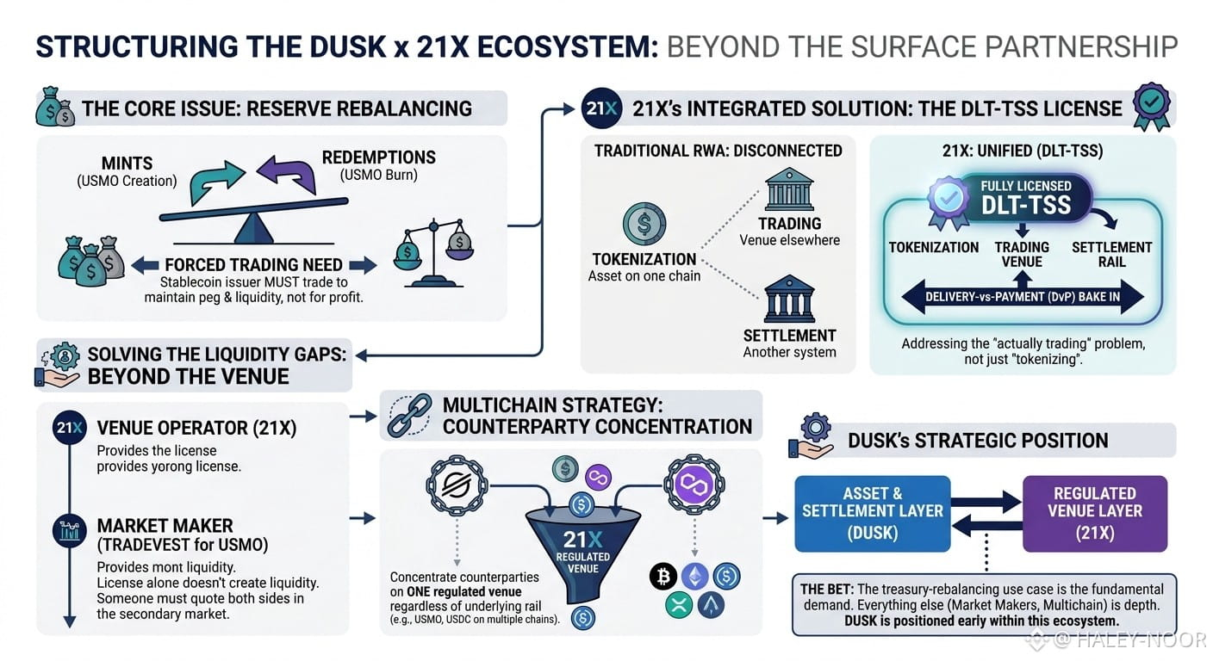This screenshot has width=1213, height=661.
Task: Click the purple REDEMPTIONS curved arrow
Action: coord(287,173)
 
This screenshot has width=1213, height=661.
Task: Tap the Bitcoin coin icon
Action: coord(663,576)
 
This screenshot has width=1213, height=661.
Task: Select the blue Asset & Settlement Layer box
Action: coord(873,513)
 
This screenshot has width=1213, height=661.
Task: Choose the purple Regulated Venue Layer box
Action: coord(1094,513)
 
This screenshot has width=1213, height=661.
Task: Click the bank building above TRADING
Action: coord(789,188)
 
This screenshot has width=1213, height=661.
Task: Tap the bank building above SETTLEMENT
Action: coord(789,299)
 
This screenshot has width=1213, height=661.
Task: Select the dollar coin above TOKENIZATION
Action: coord(644,224)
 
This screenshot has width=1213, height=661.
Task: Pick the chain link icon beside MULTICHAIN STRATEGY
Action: coord(410,414)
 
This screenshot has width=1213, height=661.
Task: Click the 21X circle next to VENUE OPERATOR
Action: coord(69,427)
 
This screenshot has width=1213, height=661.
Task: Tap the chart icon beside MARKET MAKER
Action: coord(69,531)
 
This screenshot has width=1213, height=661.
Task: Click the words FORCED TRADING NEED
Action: coord(253,264)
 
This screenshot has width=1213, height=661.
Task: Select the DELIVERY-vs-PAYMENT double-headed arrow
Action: coord(1023,296)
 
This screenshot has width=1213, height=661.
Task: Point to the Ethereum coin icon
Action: coord(694,576)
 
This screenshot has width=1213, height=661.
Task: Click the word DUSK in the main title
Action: coord(348,46)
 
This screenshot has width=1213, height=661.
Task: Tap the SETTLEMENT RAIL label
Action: coord(1111,254)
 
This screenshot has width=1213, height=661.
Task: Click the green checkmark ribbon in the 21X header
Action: coord(1152,106)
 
